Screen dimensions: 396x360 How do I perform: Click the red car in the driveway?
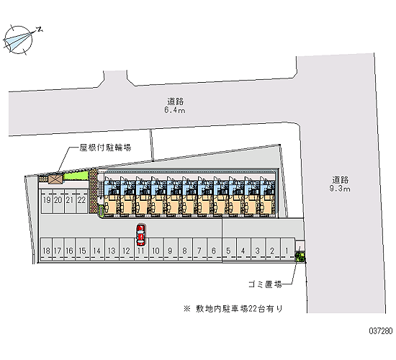click(x=140, y=235)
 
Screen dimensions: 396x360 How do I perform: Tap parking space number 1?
click(x=287, y=249)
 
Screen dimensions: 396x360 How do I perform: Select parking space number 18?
click(x=46, y=249)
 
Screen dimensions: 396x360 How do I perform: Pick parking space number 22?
click(x=81, y=201)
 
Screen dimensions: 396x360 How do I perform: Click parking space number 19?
click(x=47, y=201)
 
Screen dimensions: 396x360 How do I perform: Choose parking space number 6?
click(x=214, y=249)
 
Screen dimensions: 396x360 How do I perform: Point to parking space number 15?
click(x=83, y=249)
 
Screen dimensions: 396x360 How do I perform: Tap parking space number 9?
click(x=171, y=249)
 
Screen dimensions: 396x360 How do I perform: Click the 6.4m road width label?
click(x=175, y=110)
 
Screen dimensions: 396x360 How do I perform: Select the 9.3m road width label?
click(x=340, y=189)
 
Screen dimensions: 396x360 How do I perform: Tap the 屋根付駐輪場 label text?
click(x=105, y=148)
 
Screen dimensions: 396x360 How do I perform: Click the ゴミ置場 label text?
click(x=265, y=284)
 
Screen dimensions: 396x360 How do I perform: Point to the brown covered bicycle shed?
click(x=55, y=179)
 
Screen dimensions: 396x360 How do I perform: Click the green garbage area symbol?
click(x=300, y=256)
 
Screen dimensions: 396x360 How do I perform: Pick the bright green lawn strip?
click(x=76, y=176)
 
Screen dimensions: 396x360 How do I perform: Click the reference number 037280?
click(x=381, y=330)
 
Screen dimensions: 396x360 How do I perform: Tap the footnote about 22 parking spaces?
click(x=233, y=309)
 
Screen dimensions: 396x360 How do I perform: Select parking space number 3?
click(x=258, y=249)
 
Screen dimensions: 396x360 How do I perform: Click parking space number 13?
click(x=112, y=249)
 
